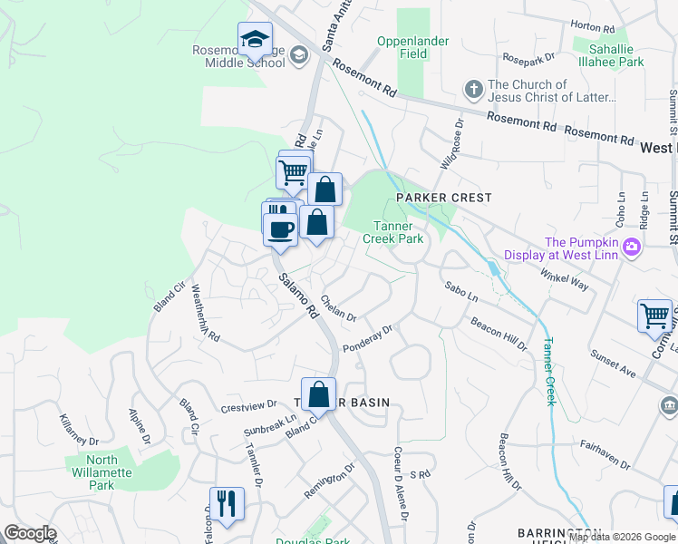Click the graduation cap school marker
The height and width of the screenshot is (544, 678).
[256, 41]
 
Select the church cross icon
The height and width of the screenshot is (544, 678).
[472, 90]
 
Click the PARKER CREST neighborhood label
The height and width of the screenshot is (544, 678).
[443, 198]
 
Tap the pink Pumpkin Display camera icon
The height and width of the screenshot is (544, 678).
[632, 246]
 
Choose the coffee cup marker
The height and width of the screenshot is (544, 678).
[280, 228]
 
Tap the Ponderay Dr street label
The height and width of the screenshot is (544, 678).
[367, 339]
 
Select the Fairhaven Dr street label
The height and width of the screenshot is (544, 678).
[605, 453]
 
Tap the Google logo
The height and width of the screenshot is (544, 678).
[30, 533]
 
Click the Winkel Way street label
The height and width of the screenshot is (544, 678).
[564, 279]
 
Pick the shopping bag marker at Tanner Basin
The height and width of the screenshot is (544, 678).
[318, 395]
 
